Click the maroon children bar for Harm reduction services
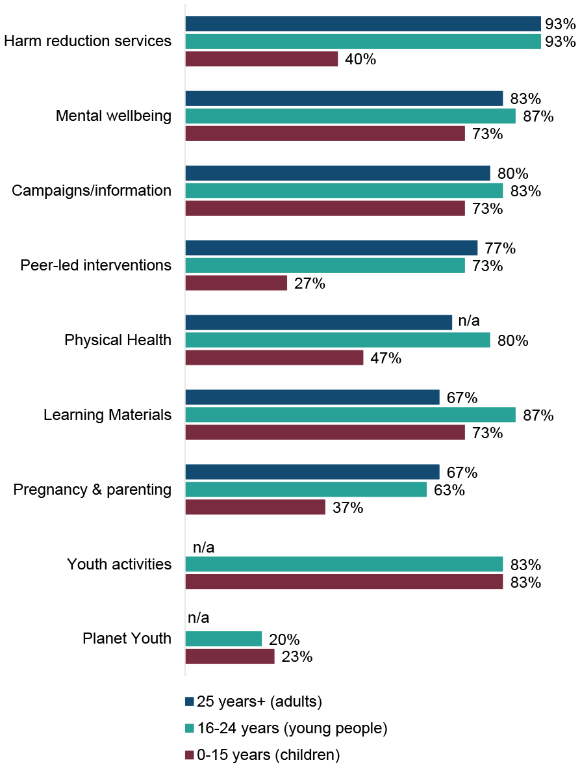tap(262, 59)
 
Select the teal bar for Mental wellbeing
tap(351, 116)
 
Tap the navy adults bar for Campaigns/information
tap(338, 173)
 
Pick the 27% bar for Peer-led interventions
tap(236, 283)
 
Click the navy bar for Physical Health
tap(319, 322)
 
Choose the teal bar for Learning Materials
tap(351, 415)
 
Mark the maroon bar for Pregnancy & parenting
tap(255, 507)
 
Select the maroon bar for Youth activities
tap(344, 582)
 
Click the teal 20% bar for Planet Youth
tap(223, 639)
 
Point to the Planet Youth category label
tap(127, 638)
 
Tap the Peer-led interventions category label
tap(95, 265)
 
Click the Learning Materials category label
tap(107, 415)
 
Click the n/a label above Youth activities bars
tap(204, 547)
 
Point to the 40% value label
tap(360, 60)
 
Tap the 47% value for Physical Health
tap(386, 358)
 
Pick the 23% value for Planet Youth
tap(297, 657)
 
